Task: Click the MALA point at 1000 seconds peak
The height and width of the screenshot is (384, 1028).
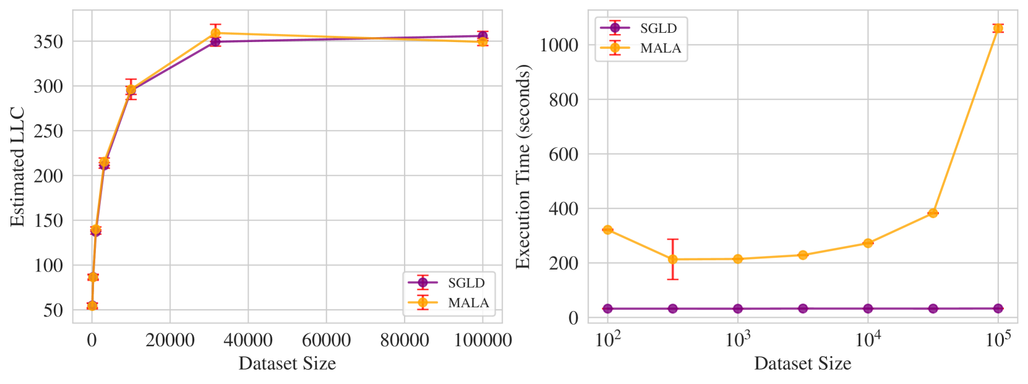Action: (x=998, y=28)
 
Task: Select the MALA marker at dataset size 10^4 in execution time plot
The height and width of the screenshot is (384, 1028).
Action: (x=868, y=243)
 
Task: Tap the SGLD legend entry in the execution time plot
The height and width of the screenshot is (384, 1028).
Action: (x=640, y=28)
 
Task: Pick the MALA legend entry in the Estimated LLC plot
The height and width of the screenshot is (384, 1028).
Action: (x=450, y=302)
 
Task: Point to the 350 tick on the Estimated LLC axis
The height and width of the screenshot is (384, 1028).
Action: (x=48, y=42)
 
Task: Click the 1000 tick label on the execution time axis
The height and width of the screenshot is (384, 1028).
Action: (x=559, y=45)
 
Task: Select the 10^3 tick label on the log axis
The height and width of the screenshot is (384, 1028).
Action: (x=737, y=339)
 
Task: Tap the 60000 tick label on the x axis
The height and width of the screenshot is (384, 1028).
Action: (x=326, y=339)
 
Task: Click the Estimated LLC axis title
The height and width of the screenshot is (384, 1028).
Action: (x=18, y=167)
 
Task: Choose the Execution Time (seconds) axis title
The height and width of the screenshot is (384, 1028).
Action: (x=523, y=167)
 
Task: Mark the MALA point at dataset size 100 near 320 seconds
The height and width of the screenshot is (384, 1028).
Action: (x=607, y=230)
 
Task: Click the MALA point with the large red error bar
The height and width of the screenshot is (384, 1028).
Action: (x=672, y=259)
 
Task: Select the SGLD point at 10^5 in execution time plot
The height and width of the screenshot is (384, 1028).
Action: (x=998, y=308)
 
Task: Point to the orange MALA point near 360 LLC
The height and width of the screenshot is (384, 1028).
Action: (x=215, y=33)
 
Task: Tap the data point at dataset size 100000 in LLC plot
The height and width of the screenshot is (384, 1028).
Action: (x=482, y=38)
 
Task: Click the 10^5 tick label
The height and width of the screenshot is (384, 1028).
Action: (x=998, y=339)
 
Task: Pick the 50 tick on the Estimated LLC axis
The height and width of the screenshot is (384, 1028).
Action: (x=53, y=310)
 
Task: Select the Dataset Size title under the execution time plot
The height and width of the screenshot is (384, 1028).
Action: (x=802, y=364)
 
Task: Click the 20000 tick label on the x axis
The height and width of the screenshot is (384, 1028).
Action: (x=170, y=339)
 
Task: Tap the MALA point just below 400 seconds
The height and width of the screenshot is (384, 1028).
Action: (x=933, y=213)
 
